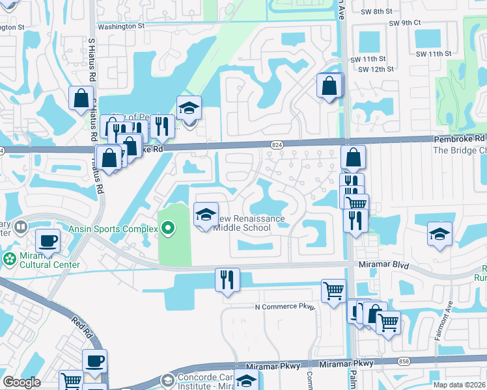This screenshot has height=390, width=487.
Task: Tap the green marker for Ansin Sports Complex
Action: coord(169,228)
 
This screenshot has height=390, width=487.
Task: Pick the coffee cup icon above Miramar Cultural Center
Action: coord(48,241)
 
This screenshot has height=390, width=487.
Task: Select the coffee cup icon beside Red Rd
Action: coord(94,361)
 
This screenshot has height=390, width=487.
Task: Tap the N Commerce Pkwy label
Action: coord(285,306)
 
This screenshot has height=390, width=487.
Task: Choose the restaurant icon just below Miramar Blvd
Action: coord(227,279)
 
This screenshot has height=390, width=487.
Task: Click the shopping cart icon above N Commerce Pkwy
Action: coord(333,291)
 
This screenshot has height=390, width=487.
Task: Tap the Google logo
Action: coord(21,382)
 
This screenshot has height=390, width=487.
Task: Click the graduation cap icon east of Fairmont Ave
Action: coord(439,234)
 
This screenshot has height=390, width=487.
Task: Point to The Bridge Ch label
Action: coord(460,149)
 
